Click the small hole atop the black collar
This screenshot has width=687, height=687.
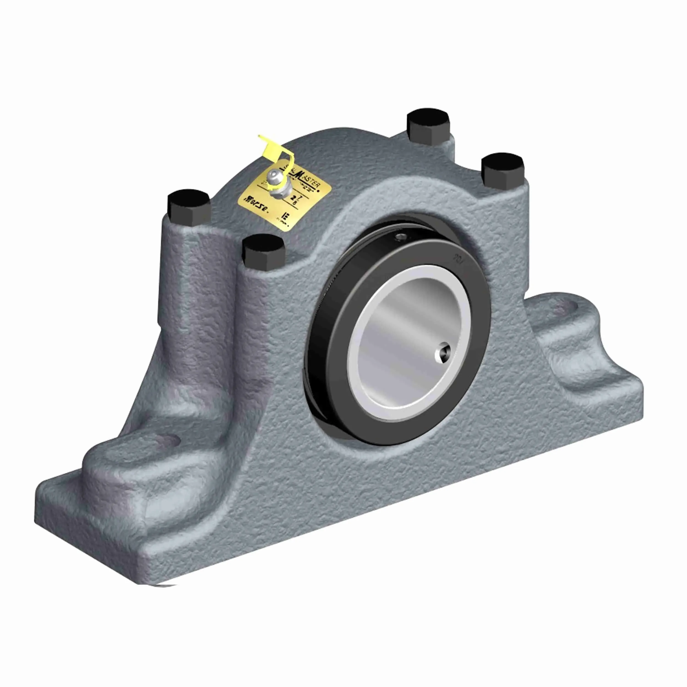[x=401, y=236]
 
